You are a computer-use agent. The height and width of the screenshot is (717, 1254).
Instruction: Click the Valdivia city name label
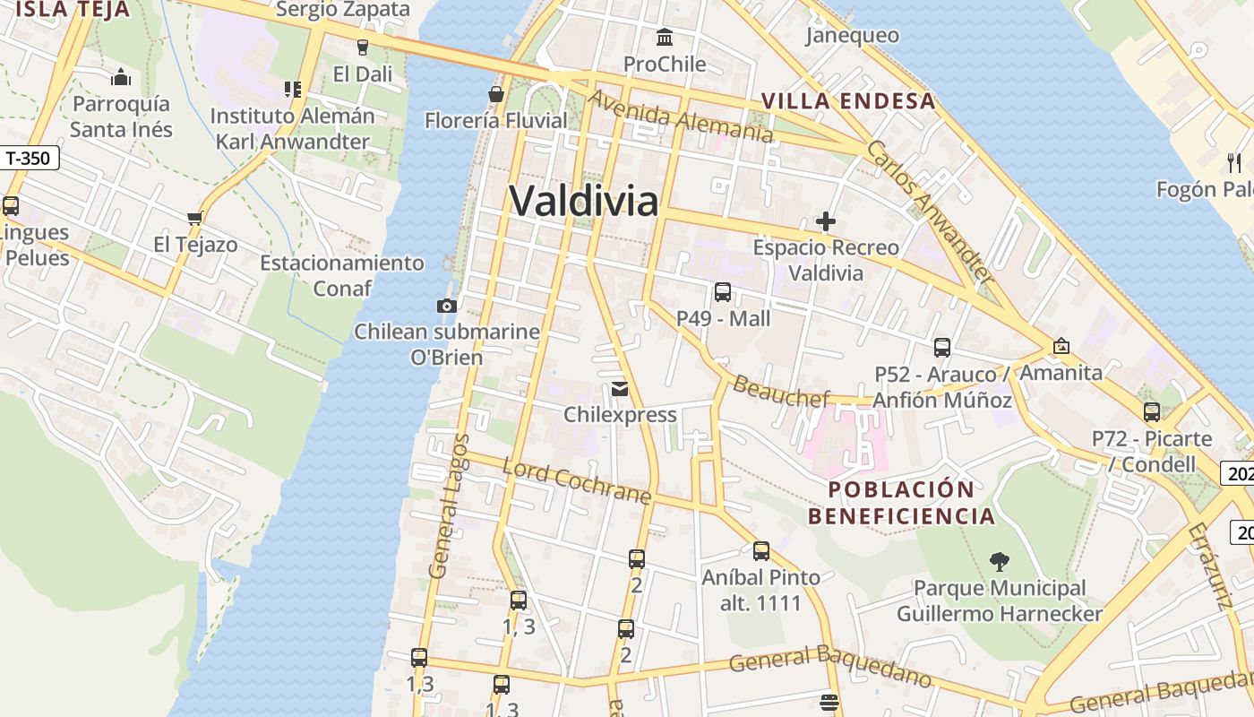coord(584,201)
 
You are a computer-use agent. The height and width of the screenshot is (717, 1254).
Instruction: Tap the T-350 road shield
coord(29,159)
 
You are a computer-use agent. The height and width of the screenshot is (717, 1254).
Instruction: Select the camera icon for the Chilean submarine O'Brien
coord(447,306)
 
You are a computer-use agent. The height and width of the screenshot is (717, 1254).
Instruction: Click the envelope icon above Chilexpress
coord(619,389)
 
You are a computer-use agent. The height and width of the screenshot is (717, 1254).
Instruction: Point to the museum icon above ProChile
coord(665,38)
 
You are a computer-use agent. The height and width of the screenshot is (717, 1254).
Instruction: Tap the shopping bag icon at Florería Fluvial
coord(495,93)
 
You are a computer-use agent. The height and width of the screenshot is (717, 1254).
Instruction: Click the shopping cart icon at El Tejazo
coord(194,218)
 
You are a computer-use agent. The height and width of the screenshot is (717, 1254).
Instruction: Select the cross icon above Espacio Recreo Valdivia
coord(826,220)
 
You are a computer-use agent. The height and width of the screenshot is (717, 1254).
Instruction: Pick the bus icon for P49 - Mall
coord(723,292)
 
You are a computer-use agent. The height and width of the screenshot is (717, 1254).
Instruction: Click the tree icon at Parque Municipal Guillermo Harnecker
coord(999,562)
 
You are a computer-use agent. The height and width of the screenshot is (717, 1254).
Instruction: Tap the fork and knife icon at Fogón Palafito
coord(1235,162)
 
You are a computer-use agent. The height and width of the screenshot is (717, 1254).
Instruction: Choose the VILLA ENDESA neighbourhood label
coord(848,101)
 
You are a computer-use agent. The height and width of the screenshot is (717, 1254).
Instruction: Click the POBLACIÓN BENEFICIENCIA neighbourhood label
coord(901,503)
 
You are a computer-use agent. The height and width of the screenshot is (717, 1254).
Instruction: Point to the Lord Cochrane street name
coord(576,481)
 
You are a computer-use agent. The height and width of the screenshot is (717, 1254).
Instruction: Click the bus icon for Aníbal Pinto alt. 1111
coord(761,551)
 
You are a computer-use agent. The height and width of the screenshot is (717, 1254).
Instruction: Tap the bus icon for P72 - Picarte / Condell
coord(1152,412)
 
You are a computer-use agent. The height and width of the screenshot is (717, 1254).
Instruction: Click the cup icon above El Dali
coord(363,48)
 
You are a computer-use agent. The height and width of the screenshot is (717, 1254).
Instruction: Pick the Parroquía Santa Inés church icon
coord(121,77)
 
